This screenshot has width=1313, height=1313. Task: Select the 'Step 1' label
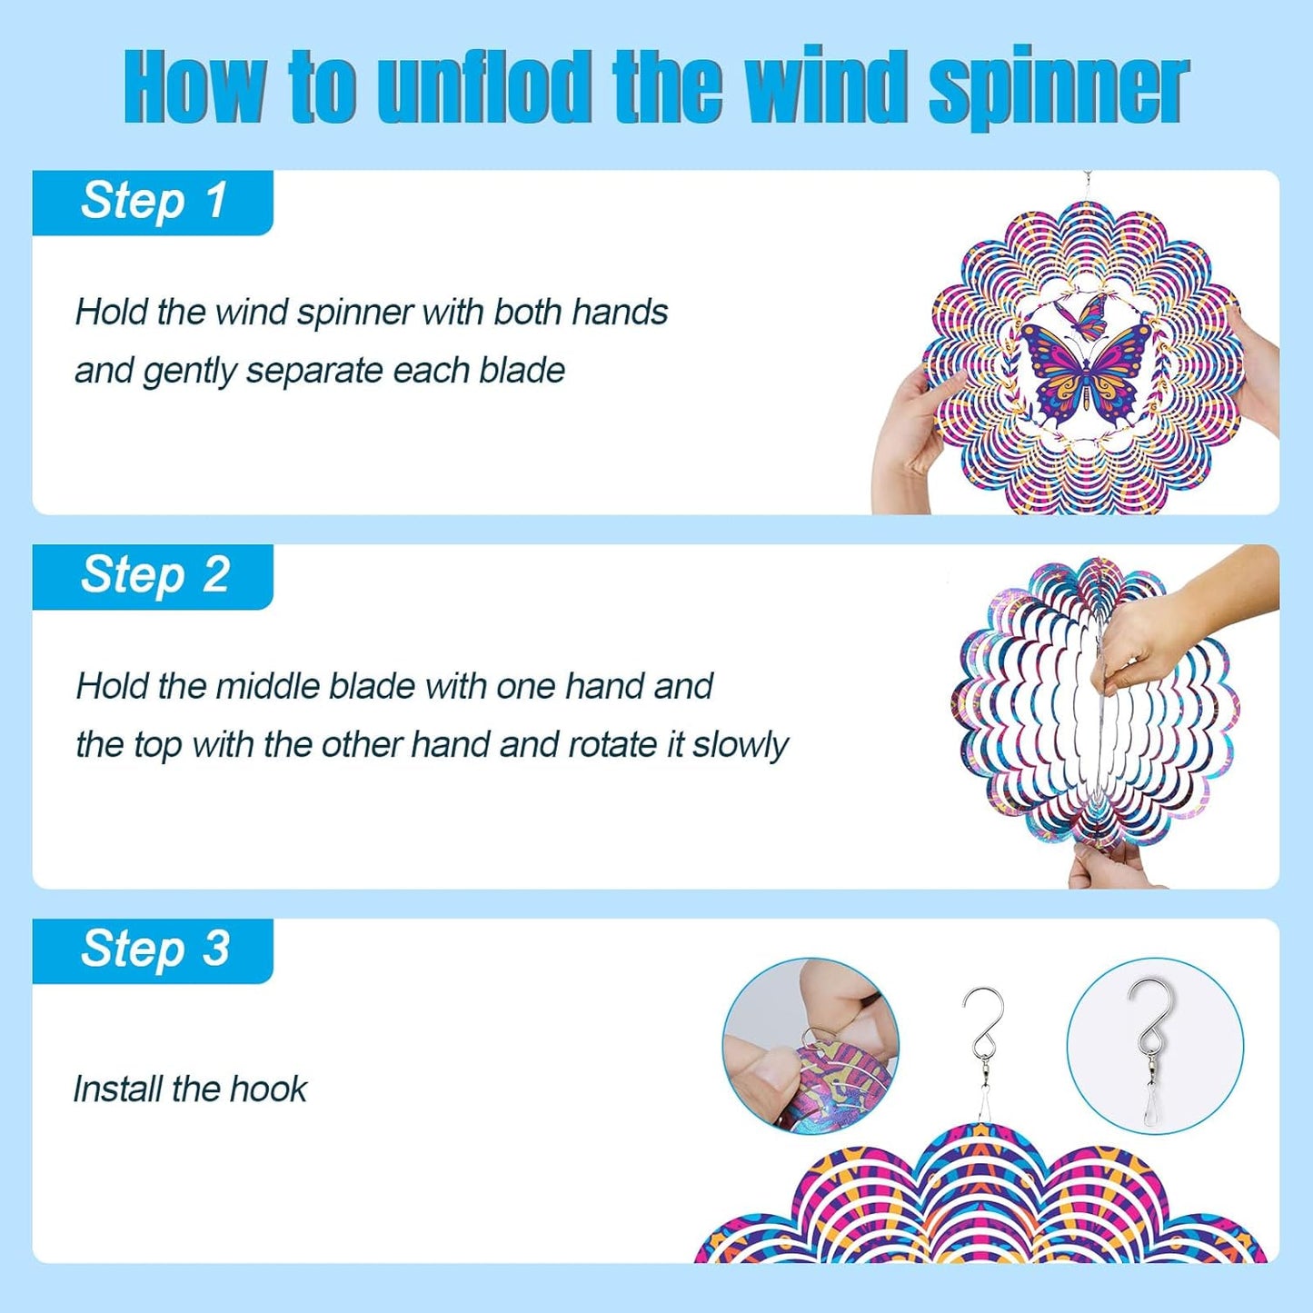click(x=154, y=201)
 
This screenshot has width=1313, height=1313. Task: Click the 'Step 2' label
click(x=154, y=575)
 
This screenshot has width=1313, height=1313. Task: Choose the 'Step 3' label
click(x=154, y=950)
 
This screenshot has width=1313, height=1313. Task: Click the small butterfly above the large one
click(x=1085, y=315)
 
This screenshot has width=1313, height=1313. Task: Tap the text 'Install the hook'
click(x=190, y=1089)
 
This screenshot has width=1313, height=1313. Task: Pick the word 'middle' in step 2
click(x=268, y=686)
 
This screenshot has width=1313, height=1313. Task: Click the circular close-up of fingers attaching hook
click(x=810, y=1045)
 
